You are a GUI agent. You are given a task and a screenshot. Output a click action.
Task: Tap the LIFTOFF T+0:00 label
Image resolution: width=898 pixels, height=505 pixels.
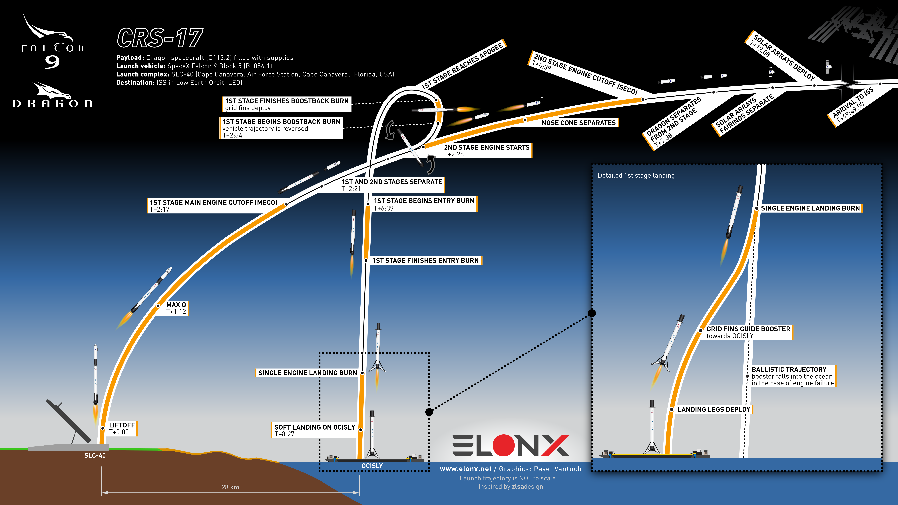pos(122,428)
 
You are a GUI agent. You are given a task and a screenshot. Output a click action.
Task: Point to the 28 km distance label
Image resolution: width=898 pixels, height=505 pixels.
pos(230,487)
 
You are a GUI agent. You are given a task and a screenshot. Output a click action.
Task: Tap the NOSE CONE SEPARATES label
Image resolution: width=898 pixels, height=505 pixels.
pos(579,123)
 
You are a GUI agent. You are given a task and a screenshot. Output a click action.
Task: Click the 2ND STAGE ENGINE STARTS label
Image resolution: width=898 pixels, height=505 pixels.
pos(487,151)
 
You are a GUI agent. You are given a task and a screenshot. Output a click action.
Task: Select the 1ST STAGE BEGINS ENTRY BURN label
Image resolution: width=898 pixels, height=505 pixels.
pos(424,204)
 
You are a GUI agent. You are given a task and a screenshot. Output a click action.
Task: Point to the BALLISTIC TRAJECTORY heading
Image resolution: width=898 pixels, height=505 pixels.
pos(789,369)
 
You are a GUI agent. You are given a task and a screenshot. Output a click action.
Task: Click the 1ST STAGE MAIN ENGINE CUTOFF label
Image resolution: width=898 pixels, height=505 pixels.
pos(213,203)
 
